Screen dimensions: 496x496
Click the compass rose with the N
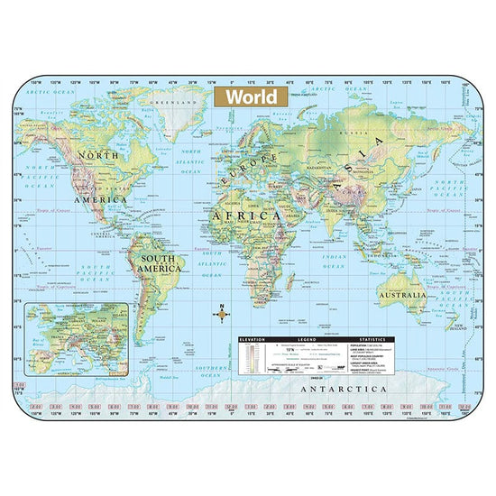pos(219,315)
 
